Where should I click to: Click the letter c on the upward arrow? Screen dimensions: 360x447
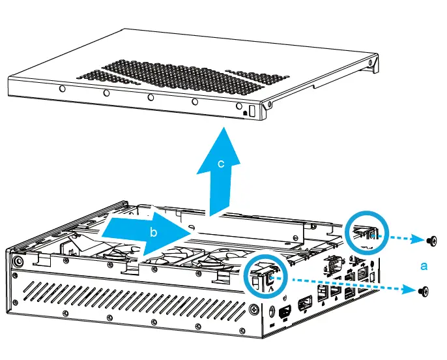coord(221,164)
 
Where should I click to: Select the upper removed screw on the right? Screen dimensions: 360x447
coord(431,241)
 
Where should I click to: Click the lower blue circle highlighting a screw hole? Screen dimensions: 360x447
coord(267,277)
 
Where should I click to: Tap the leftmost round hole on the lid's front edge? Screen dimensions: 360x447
coord(61,90)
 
